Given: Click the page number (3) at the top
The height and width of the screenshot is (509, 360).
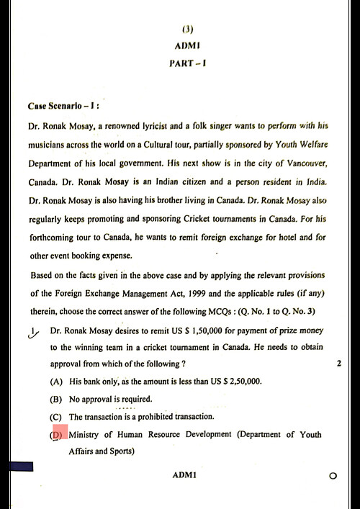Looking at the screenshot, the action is [x=188, y=30].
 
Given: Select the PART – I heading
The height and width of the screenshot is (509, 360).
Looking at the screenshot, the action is [x=188, y=63].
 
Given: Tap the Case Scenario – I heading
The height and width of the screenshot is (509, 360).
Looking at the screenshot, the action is [x=63, y=106].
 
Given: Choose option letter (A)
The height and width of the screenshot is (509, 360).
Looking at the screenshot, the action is [x=55, y=382].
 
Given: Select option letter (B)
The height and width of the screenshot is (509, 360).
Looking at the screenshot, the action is [x=55, y=400].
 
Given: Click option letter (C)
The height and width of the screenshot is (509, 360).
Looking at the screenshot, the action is [x=55, y=418].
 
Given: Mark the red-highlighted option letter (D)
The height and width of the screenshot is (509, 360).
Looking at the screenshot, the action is [x=57, y=436].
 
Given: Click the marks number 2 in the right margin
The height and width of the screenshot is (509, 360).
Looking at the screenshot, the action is [x=338, y=364].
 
